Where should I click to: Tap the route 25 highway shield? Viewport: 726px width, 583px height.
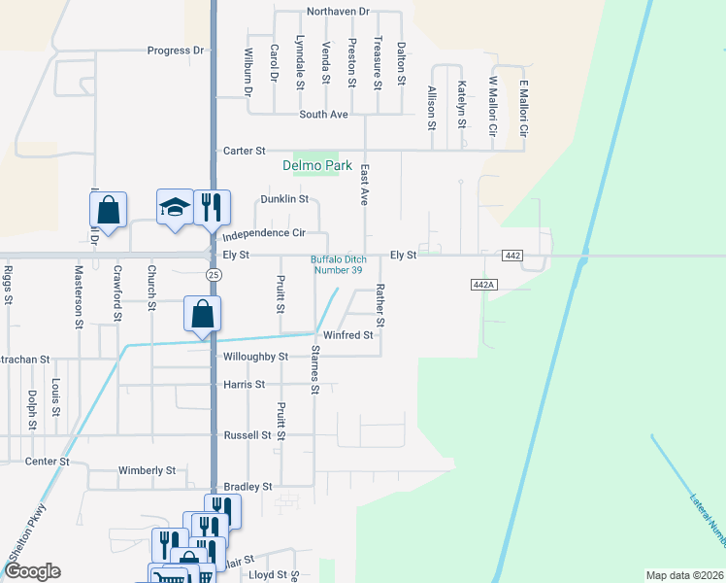tap(213, 275)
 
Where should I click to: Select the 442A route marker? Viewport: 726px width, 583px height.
tap(482, 284)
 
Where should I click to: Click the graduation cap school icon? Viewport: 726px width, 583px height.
tap(175, 208)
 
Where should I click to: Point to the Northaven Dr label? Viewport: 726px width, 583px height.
tap(338, 12)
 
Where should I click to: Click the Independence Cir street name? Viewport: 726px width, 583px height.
tap(264, 234)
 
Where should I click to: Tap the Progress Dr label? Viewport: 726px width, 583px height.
tap(176, 51)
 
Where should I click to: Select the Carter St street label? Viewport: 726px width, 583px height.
tap(245, 151)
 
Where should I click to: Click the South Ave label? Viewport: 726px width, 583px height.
tap(324, 115)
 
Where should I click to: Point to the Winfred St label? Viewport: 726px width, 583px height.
tap(348, 335)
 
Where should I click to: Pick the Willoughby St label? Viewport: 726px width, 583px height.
tap(256, 357)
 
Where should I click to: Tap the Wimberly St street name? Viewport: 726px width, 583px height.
tap(147, 470)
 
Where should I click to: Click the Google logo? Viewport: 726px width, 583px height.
tap(31, 571)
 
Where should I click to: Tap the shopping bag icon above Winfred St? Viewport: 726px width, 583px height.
tap(202, 315)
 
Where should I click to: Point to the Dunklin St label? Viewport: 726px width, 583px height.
tap(284, 199)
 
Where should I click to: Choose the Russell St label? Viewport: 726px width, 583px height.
tap(247, 435)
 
